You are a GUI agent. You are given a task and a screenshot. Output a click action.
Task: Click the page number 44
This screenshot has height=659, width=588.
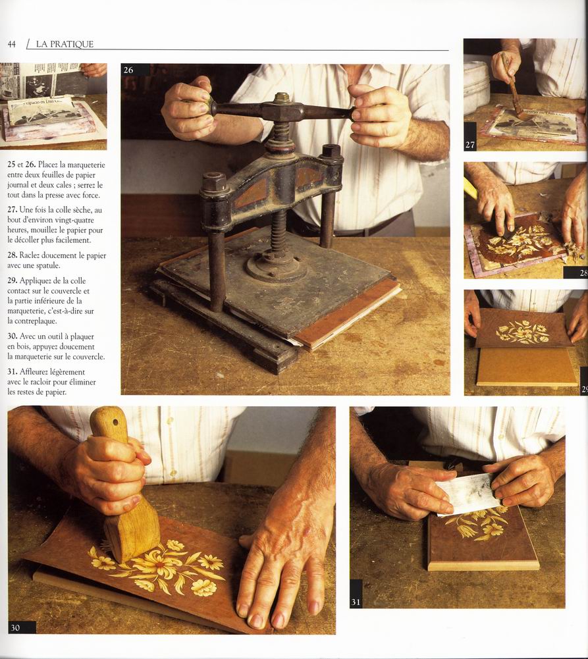tap(12, 44)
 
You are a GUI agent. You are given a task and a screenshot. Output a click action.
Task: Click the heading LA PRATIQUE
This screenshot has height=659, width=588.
tap(65, 44)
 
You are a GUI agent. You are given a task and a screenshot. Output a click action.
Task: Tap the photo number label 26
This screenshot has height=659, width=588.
tap(128, 70)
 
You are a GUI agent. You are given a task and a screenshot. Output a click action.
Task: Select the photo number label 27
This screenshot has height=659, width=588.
tap(470, 145)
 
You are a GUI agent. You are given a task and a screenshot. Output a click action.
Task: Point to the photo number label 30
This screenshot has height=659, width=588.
tap(16, 627)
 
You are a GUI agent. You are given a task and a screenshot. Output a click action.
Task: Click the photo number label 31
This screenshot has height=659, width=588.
tap(356, 602)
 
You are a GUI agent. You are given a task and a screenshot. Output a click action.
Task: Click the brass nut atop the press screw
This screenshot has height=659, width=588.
tap(282, 98)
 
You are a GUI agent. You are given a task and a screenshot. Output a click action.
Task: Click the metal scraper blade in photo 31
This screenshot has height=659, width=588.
tap(468, 498)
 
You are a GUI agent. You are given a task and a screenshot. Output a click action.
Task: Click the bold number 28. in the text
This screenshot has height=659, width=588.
tap(13, 255)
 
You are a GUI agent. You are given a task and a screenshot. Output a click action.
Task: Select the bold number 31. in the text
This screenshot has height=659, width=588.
tap(13, 372)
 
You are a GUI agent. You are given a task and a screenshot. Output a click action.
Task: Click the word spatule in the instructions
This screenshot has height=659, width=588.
tap(47, 265)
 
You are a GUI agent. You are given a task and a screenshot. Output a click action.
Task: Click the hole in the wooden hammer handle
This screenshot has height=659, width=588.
tap(113, 421)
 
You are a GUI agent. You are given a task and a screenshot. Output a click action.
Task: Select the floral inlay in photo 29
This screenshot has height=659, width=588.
tap(523, 332)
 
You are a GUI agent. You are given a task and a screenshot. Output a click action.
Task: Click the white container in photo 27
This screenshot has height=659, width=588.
tap(476, 82)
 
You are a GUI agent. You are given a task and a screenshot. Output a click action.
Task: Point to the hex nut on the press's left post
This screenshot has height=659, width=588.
tap(214, 181)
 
